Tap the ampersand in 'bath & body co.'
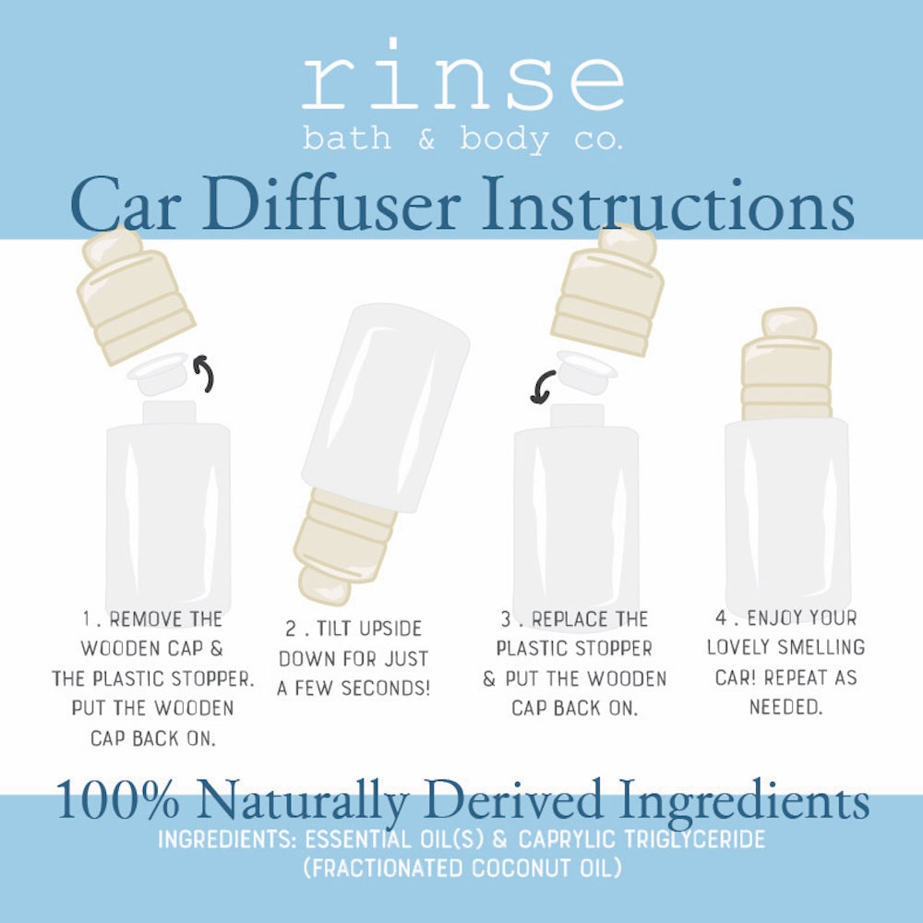tap(426, 139)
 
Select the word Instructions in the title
tap(668, 204)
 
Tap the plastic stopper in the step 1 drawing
tap(158, 373)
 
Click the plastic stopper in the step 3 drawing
tap(586, 371)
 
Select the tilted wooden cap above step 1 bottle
tap(135, 294)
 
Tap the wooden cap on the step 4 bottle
tap(786, 365)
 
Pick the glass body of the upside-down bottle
tap(386, 406)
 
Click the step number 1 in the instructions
tap(87, 618)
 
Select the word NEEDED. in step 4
tap(785, 706)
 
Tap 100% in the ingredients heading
tap(117, 799)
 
